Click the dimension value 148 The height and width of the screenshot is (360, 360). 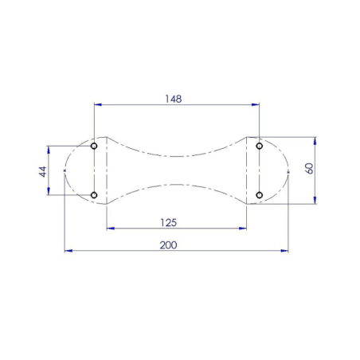174,99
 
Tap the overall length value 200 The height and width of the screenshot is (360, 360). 168,245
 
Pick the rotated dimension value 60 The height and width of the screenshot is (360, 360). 310,169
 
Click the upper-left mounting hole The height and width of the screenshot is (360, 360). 94,147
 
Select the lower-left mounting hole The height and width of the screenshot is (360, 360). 94,194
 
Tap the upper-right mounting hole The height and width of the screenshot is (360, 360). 260,146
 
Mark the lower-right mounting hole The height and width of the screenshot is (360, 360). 260,194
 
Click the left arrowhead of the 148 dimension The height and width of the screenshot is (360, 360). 97,104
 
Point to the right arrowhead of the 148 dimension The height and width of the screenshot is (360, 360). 256,104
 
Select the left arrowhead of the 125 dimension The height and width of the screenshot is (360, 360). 110,229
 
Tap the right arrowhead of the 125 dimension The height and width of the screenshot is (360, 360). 243,229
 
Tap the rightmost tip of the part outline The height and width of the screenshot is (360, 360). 288,170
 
